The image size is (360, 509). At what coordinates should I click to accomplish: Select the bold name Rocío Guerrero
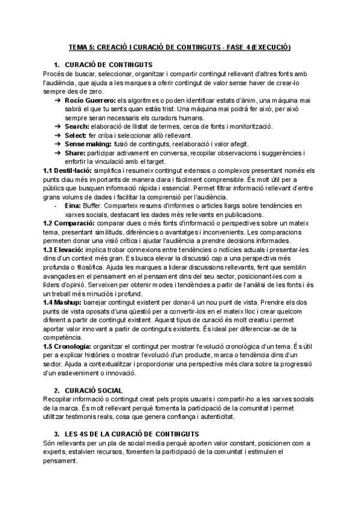89,100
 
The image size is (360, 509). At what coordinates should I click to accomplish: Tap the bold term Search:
77,126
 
